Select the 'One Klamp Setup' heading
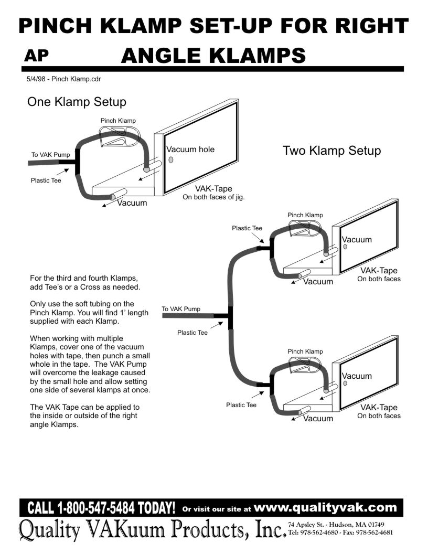click(77, 101)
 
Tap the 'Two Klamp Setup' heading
click(331, 151)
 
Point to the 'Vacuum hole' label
click(190, 150)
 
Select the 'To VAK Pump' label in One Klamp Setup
click(47, 155)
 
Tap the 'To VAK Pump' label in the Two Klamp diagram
click(181, 309)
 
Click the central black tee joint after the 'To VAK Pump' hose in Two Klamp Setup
click(230, 316)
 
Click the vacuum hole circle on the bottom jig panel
click(345, 383)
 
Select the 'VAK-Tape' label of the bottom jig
click(379, 407)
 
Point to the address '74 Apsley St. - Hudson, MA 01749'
click(336, 525)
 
